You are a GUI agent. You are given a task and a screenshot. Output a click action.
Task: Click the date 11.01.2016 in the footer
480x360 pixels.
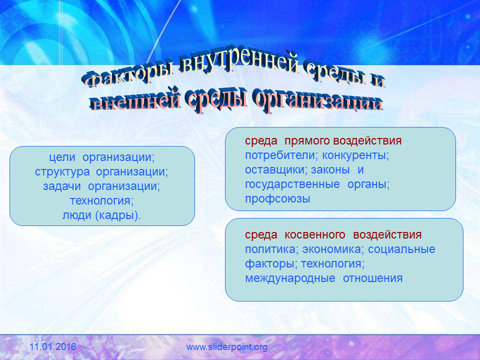point(52,347)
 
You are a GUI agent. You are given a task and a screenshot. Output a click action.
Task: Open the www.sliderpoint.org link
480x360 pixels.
point(227,347)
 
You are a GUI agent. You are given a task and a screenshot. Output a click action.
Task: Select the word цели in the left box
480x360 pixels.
point(62,157)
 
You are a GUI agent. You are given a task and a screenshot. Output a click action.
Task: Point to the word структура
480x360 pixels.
point(62,172)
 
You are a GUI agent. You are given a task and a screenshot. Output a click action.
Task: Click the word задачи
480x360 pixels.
point(62,186)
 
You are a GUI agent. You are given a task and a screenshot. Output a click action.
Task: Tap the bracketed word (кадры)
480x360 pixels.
point(118,215)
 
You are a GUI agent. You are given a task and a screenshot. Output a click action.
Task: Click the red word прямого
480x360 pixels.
point(307,141)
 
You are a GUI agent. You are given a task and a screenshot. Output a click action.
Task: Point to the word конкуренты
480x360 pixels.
point(355,155)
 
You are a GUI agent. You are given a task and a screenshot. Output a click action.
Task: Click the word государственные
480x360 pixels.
point(292,184)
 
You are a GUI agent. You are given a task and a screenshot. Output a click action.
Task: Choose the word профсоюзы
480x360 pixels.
point(277,199)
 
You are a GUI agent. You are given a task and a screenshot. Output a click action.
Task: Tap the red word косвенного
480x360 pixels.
point(315,235)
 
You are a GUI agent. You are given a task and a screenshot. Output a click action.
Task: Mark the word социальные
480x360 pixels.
point(401,249)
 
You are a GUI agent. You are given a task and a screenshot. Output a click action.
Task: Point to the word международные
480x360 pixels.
point(290,278)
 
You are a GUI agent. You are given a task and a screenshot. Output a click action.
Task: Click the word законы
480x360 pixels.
point(330,170)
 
